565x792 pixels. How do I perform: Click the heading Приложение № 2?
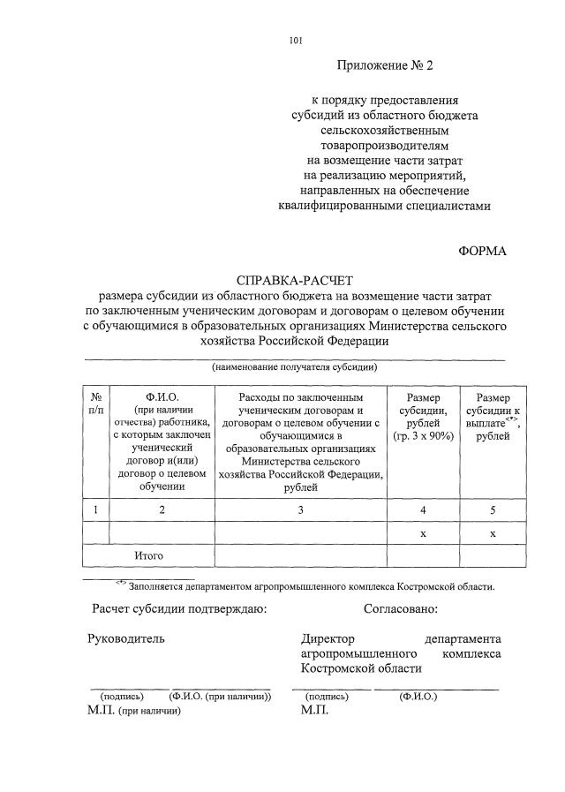click(386, 65)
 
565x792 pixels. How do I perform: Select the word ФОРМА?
click(483, 251)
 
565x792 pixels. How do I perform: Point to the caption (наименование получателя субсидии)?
click(295, 366)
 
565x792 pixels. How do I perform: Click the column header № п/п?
click(95, 403)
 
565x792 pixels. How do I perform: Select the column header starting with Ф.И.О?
click(162, 441)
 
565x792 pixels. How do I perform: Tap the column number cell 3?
click(300, 509)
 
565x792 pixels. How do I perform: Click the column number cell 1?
click(95, 509)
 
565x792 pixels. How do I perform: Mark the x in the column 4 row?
click(423, 533)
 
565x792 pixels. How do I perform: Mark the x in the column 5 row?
click(492, 533)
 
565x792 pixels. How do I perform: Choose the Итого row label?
click(149, 555)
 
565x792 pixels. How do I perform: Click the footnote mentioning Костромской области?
click(311, 585)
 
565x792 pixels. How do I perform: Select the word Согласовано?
click(400, 608)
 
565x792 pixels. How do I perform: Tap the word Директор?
click(327, 638)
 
